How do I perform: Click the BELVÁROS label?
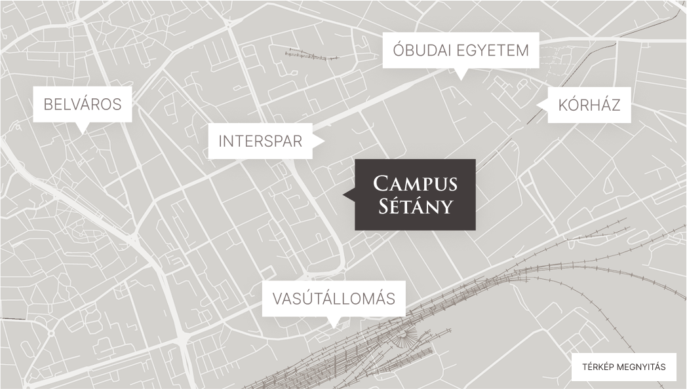83,104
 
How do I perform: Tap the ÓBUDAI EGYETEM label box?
460,50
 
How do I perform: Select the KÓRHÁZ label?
589,105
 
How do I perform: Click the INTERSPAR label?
260,141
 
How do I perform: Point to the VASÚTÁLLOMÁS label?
334,299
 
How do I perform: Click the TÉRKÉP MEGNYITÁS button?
623,367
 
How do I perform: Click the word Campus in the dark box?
415,183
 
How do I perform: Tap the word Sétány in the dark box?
415,207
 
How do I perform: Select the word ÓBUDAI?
422,50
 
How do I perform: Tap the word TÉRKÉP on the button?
597,367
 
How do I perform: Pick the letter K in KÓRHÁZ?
563,105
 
